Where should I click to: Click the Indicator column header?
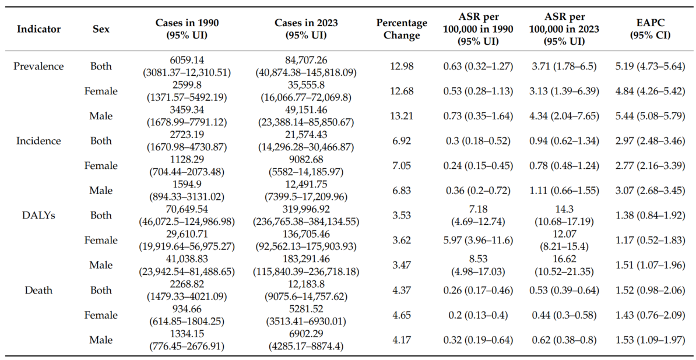click(x=38, y=30)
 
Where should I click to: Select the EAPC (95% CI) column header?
click(x=651, y=30)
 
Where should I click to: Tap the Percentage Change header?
click(x=402, y=30)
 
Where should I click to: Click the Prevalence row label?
click(x=38, y=66)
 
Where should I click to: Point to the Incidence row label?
click(x=38, y=141)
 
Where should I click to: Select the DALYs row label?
click(x=38, y=216)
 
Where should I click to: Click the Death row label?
click(x=38, y=291)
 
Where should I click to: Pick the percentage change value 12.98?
click(x=402, y=66)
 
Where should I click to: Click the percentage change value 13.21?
click(x=402, y=116)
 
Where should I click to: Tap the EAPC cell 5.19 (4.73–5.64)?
click(x=651, y=66)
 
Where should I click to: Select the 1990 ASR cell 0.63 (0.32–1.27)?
click(x=479, y=66)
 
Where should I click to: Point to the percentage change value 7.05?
click(x=402, y=166)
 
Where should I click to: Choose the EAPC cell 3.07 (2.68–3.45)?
click(x=651, y=191)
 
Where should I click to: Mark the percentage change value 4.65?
click(x=402, y=316)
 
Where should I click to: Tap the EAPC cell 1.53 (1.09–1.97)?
click(x=651, y=341)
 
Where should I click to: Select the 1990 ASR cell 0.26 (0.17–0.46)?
click(x=479, y=291)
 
